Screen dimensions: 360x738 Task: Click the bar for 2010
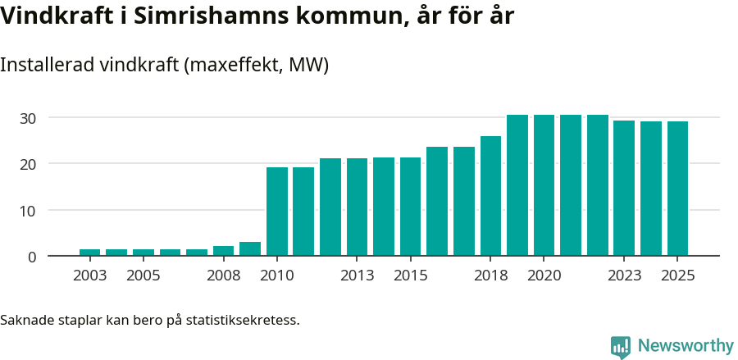tap(277, 212)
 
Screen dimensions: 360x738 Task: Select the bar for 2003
tap(90, 253)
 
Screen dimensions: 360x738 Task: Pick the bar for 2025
tap(677, 189)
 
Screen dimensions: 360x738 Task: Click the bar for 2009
tap(250, 249)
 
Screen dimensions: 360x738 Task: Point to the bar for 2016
tap(437, 202)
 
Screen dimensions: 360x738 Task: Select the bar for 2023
tap(624, 189)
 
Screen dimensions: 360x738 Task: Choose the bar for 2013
tap(357, 207)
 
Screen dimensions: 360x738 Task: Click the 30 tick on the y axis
tap(29, 118)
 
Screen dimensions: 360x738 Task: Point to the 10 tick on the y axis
tap(29, 211)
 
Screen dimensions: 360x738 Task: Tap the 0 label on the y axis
tap(32, 257)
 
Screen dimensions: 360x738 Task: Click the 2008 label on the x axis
tap(223, 276)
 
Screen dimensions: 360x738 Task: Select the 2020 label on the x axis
tap(544, 276)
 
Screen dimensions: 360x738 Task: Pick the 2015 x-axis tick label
tap(410, 276)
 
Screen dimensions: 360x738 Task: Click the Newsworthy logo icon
tap(621, 347)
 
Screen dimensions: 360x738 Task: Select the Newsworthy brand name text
tap(686, 346)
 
